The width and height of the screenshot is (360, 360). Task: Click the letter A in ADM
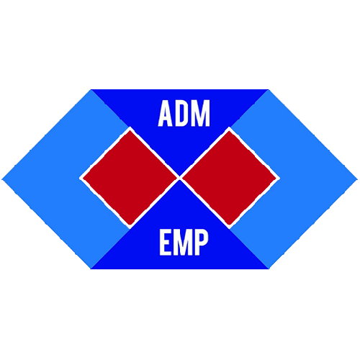coord(165,113)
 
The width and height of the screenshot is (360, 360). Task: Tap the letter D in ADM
coord(181,113)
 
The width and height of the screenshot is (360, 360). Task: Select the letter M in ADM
coord(201,113)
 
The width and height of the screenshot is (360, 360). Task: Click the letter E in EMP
coord(165,243)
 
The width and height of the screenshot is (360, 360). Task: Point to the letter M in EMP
coord(181,243)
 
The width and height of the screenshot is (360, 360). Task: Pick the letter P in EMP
coord(201,243)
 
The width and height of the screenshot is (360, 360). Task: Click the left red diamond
coord(130,178)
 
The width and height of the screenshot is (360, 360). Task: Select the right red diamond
coord(229,178)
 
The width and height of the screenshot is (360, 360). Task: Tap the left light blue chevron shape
coord(48,179)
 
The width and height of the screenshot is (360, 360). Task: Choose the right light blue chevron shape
coord(312,179)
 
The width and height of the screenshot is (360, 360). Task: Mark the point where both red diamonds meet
coord(179,178)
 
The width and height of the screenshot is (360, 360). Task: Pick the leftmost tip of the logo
coord(2,179)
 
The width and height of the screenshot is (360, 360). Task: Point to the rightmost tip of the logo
coord(358,179)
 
